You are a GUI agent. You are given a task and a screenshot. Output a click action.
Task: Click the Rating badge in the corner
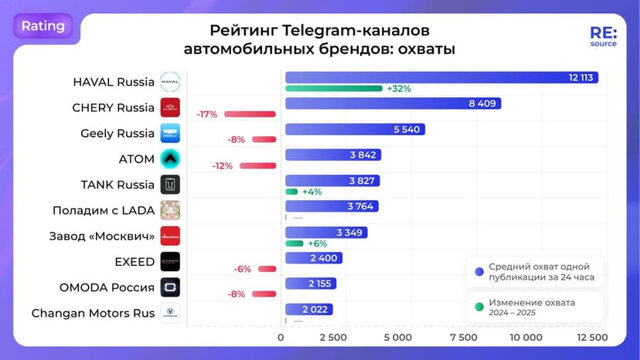coord(43,25)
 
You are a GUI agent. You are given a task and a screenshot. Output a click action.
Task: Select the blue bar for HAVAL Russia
coord(441,77)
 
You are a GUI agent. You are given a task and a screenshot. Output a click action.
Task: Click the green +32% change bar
coord(334,88)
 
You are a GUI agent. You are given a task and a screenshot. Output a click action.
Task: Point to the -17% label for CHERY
coord(207,114)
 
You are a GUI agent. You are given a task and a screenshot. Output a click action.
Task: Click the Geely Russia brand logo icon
coord(170,133)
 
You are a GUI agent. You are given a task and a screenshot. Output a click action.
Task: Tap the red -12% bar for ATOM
coord(258,165)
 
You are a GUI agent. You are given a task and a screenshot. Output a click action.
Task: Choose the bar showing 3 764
coord(332,205)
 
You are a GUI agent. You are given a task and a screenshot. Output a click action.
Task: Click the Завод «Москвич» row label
coord(103,236)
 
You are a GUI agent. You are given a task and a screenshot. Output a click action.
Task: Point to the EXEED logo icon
coord(170,261)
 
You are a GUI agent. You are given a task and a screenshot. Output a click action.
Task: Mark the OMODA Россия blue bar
coord(310,284)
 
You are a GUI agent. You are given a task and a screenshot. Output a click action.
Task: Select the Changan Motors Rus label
coord(93,313)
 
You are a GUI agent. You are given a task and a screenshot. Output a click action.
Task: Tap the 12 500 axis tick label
coord(592,338)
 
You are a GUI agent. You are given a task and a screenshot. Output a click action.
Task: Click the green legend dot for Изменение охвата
coord(479,303)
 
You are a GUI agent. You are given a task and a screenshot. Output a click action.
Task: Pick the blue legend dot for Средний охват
coord(479,271)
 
